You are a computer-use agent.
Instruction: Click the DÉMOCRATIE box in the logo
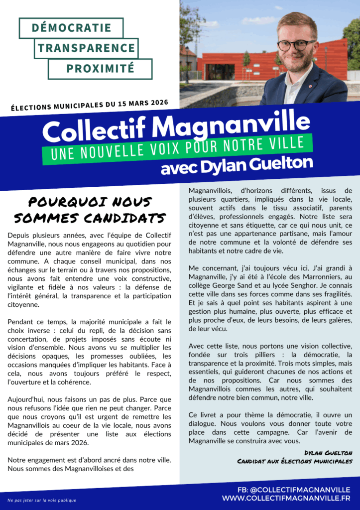click(x=71, y=28)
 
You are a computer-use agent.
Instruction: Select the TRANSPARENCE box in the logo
click(x=87, y=48)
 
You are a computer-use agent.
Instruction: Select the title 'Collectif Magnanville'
click(x=176, y=128)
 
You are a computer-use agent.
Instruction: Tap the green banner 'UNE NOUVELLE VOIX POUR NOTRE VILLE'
click(x=177, y=148)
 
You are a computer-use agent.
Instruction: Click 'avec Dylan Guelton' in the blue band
click(x=237, y=164)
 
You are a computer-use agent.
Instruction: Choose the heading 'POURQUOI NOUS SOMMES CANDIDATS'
click(x=90, y=210)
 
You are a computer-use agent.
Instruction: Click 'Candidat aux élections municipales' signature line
click(x=295, y=462)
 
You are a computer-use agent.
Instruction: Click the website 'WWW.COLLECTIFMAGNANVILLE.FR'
click(x=286, y=499)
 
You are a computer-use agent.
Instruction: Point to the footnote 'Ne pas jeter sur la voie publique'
click(x=42, y=500)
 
